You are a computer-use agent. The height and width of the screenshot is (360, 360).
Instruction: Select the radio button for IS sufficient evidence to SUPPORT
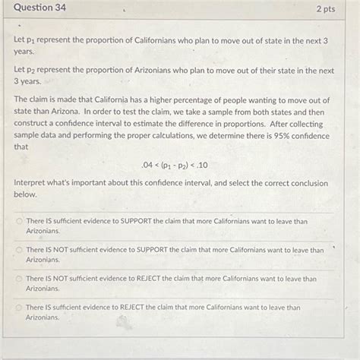pos(20,222)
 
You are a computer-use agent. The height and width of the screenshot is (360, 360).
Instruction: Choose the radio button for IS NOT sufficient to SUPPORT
pos(20,249)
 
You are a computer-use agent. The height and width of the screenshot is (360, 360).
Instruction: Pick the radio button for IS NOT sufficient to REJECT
pos(20,279)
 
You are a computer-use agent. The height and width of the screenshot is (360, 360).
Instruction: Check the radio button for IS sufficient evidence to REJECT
pos(20,308)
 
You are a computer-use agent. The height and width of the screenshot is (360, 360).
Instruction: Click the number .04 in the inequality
pos(147,165)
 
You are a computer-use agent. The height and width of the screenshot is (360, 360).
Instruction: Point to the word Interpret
pos(31,184)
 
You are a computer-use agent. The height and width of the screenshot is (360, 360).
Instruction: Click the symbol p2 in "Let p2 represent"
pos(31,71)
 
